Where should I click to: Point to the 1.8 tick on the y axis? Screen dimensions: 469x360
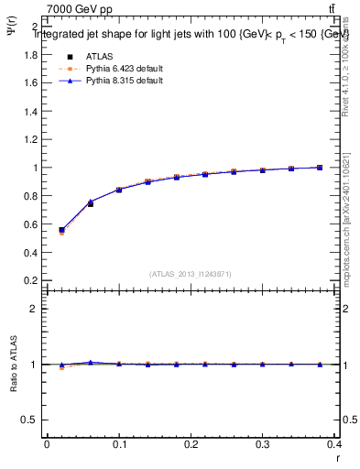(x=31, y=55)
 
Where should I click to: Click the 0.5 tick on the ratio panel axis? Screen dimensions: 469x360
(x=31, y=420)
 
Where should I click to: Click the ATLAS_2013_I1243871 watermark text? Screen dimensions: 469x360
(x=191, y=274)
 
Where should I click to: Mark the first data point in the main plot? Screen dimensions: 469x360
(x=61, y=231)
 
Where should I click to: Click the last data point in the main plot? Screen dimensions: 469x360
(x=319, y=168)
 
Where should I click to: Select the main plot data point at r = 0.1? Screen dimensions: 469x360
(x=119, y=190)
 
